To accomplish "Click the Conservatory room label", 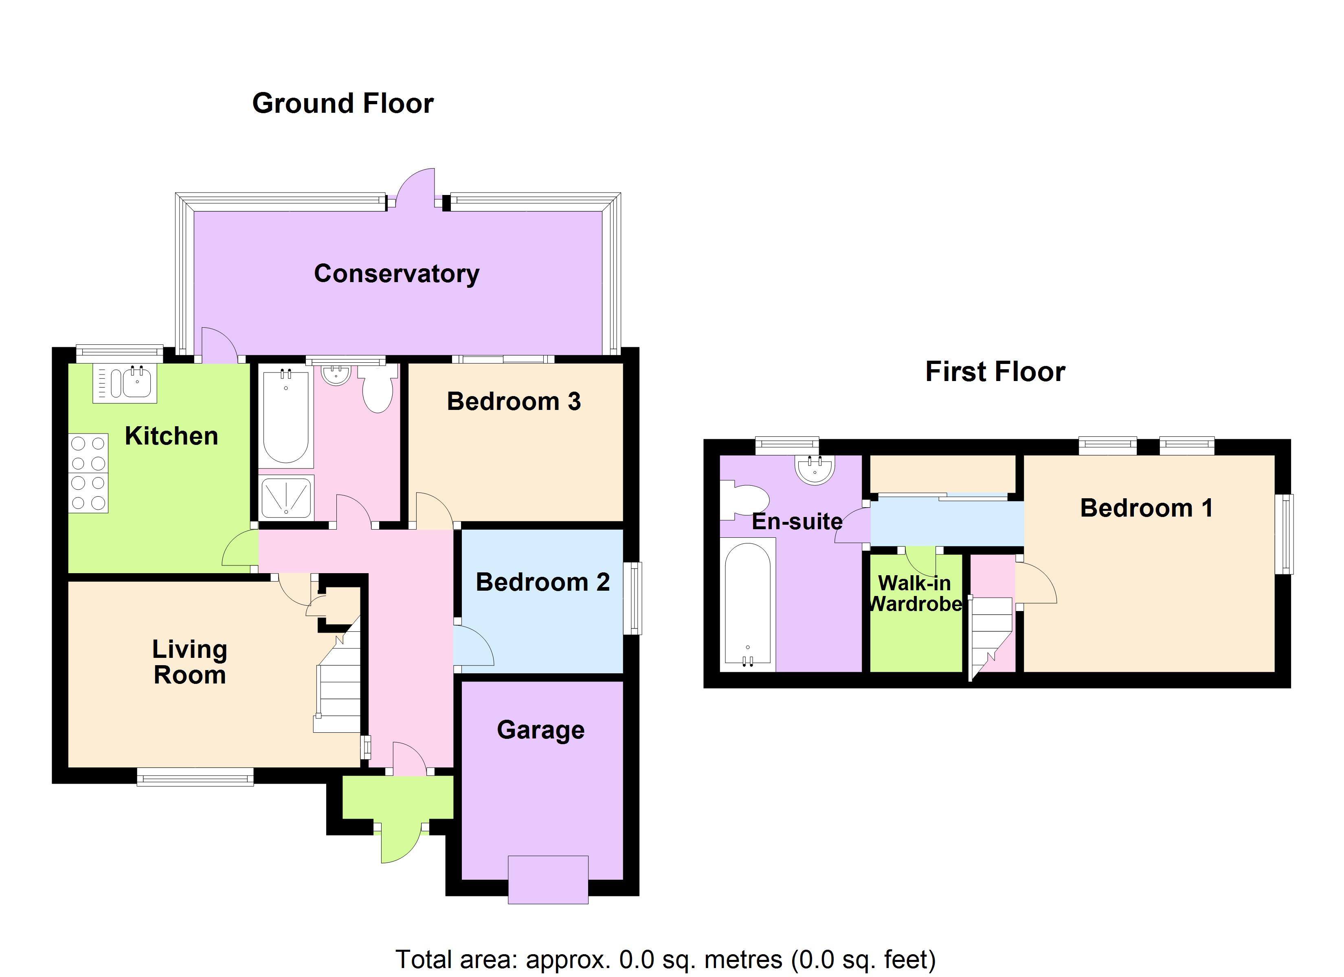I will [x=396, y=274].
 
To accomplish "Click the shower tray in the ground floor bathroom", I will [x=286, y=497].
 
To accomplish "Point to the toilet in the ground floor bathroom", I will [x=378, y=389].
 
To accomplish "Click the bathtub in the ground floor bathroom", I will [x=285, y=417].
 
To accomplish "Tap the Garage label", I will [x=540, y=730].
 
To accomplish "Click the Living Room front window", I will [x=195, y=777].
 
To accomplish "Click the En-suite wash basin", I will [x=815, y=469].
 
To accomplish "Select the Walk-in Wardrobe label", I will [x=915, y=593].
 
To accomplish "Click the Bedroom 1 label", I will [x=1146, y=508].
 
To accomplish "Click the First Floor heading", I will [x=995, y=372].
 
